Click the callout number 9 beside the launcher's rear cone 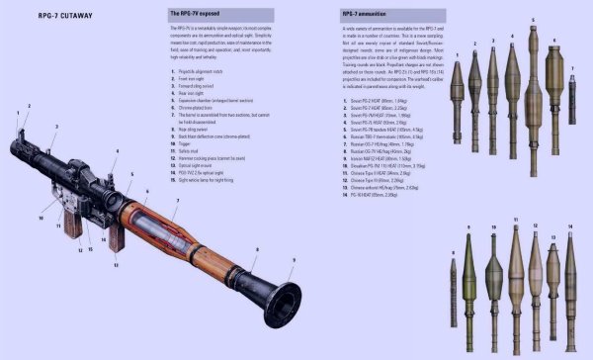292,259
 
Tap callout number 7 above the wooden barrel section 176,202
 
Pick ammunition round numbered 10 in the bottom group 493,293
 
